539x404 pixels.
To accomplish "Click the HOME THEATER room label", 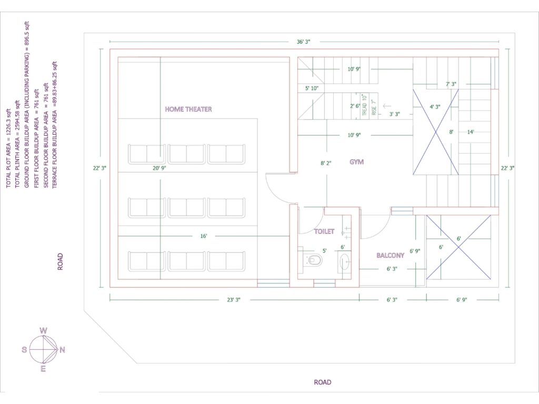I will tap(188, 109).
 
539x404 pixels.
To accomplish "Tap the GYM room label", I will tap(356, 162).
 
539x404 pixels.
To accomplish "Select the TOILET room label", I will tap(324, 231).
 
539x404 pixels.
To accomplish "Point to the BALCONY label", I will tap(390, 256).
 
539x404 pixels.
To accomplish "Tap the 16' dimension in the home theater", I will tap(203, 236).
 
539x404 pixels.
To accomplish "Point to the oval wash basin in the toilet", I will tap(344, 261).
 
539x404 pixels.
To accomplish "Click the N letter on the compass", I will tap(62, 350).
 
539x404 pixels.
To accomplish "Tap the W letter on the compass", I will tap(44, 331).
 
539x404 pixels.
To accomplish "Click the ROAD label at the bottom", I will tap(323, 382).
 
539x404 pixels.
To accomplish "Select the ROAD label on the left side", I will tap(61, 261).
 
